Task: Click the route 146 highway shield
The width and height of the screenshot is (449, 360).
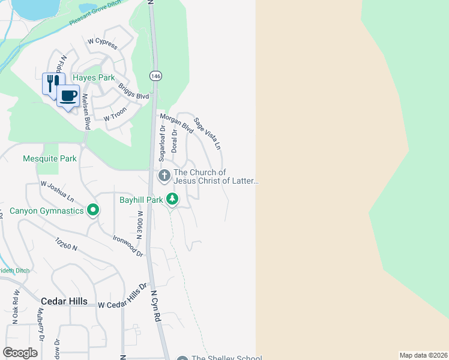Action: point(155,76)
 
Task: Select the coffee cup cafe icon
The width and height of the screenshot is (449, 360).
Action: point(68,95)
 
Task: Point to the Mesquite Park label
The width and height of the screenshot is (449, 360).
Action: point(50,159)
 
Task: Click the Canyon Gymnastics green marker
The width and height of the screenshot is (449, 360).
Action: point(92,211)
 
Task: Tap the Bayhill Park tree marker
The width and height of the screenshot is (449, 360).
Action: point(172,199)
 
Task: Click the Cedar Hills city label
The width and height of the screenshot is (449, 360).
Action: point(64,301)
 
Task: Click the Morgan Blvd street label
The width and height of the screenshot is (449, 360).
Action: point(176,123)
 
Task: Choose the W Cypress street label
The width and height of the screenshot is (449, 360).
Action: point(102,44)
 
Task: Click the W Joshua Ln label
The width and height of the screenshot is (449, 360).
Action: point(57,191)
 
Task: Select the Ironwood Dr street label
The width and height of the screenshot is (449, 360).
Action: point(128,245)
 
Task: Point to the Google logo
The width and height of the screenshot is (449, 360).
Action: point(20,353)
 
